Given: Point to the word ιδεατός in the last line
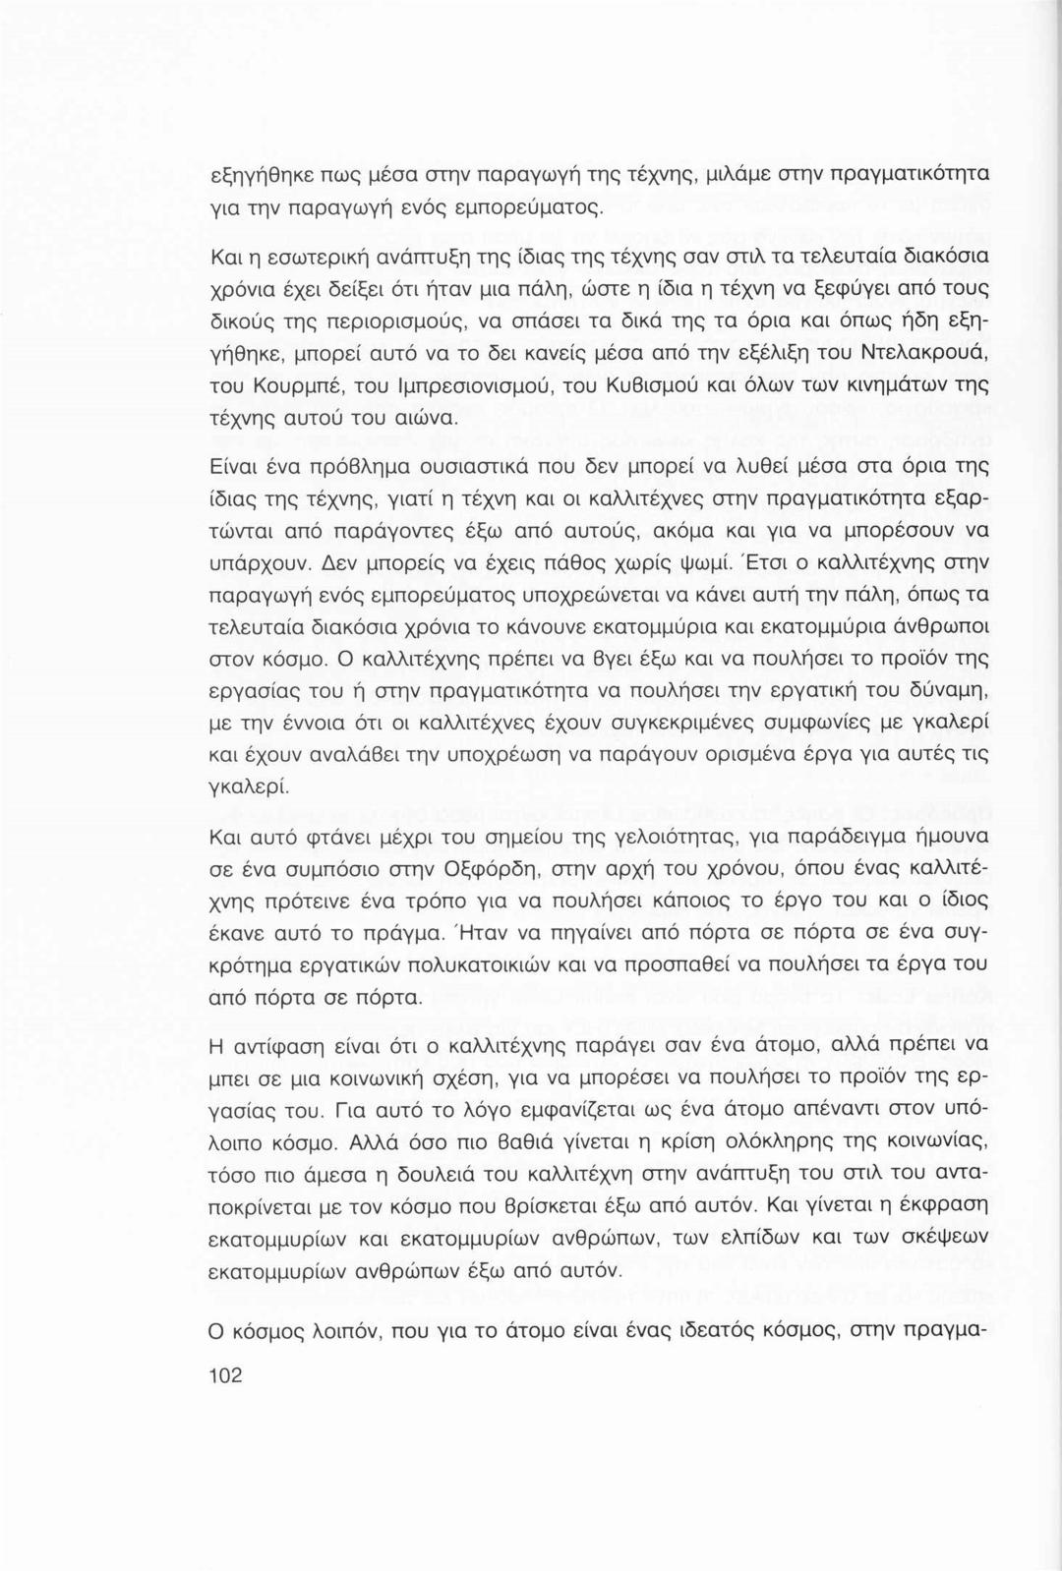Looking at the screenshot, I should coord(722,1333).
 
